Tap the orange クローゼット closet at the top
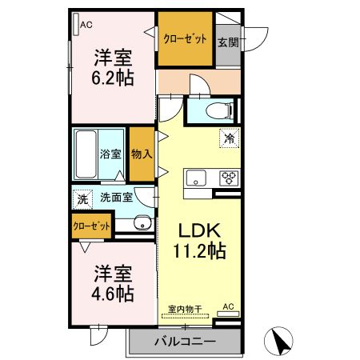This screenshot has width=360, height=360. click(185, 39)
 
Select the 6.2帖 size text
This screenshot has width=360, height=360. click(114, 79)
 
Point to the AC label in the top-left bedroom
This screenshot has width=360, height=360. click(86, 25)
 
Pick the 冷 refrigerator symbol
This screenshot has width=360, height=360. click(230, 139)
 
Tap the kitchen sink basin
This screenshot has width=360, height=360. click(196, 178)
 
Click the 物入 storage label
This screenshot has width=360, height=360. click(141, 153)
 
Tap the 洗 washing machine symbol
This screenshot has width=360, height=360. click(82, 198)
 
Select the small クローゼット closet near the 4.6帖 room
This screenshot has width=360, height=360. click(90, 226)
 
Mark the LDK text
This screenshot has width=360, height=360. click(198, 230)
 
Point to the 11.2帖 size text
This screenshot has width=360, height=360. click(198, 251)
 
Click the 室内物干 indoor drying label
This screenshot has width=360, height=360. click(185, 308)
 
